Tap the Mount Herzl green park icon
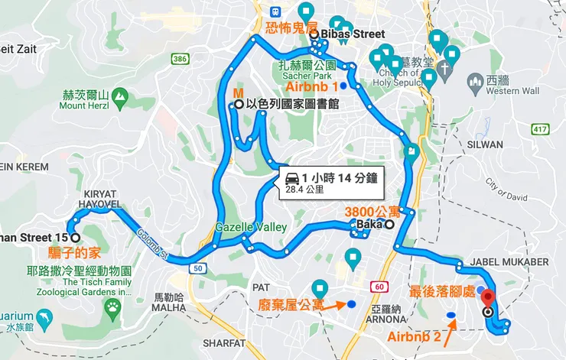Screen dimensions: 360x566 (119, 96)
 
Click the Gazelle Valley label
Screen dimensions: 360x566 (251, 227)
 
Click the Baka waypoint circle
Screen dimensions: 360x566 (389, 225)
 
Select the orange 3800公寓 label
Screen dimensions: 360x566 (372, 211)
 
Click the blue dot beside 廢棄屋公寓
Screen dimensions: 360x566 (351, 304)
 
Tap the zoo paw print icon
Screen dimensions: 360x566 (113, 307)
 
